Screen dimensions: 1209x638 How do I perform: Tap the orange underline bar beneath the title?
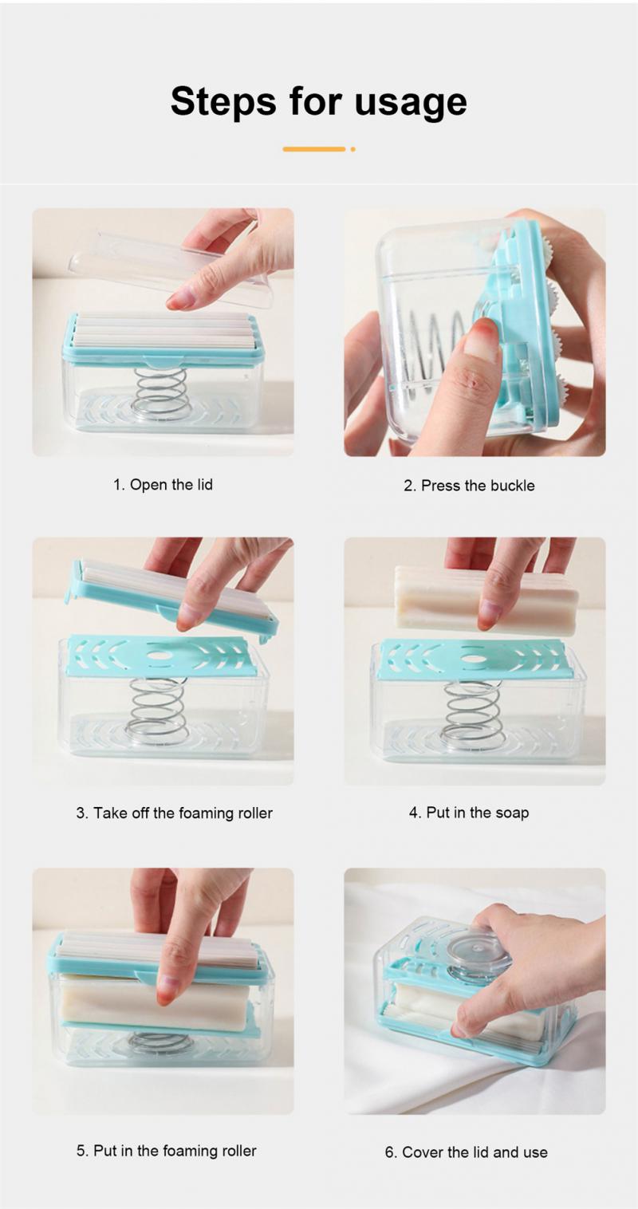313,149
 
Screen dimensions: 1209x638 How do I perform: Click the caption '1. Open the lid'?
163,484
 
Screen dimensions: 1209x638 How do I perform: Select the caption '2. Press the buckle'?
469,485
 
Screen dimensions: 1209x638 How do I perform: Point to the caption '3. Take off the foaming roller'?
174,813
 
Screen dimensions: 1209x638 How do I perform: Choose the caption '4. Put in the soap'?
469,813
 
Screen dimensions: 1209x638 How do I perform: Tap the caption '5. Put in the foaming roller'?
167,1150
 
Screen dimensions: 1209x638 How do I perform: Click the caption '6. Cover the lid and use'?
467,1152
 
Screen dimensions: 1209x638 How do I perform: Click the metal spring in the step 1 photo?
161,392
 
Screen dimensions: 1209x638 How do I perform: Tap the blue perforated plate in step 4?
474,660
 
